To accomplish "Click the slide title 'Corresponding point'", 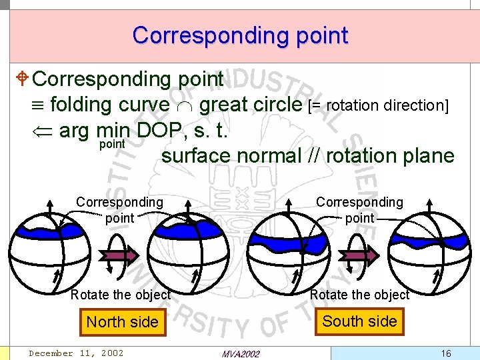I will pyautogui.click(x=240, y=35).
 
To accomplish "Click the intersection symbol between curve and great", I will pyautogui.click(x=184, y=105).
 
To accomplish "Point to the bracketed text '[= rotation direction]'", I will pyautogui.click(x=378, y=105).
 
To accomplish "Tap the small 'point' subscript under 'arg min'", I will pyautogui.click(x=111, y=143).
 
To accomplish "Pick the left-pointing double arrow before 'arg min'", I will pyautogui.click(x=43, y=131).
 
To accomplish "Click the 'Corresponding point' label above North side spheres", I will pyautogui.click(x=119, y=209).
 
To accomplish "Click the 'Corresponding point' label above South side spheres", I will pyautogui.click(x=359, y=209).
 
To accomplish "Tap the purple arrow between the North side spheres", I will pyautogui.click(x=120, y=254).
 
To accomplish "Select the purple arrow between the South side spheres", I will pyautogui.click(x=361, y=254).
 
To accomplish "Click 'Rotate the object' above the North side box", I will pyautogui.click(x=121, y=295).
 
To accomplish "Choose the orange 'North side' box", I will pyautogui.click(x=122, y=322).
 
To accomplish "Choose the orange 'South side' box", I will pyautogui.click(x=360, y=321).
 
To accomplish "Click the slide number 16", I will pyautogui.click(x=446, y=353).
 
